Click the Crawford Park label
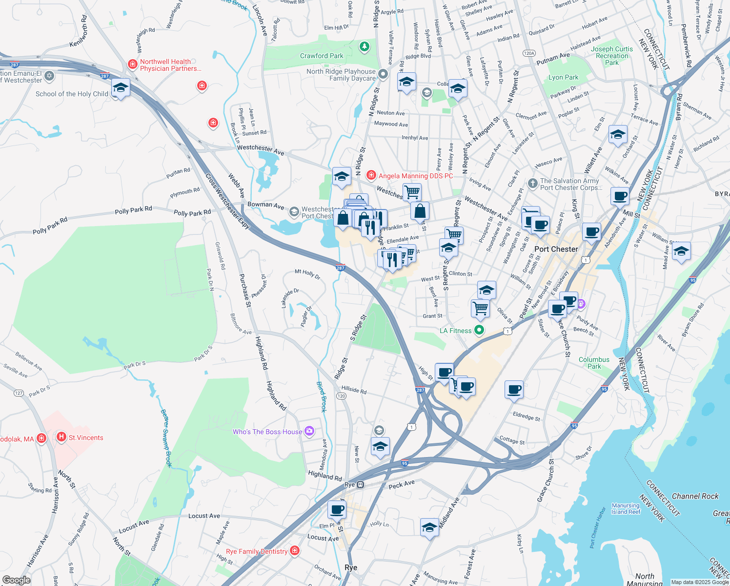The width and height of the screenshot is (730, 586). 322,56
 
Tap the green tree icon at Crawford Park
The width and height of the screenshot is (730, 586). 364,47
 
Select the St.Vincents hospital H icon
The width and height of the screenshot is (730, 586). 61,437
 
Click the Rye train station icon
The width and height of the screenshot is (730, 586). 360,485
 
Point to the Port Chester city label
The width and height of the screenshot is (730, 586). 556,249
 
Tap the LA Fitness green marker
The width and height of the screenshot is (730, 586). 479,331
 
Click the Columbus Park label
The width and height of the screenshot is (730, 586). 594,363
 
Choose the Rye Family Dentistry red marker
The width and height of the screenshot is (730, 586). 295,551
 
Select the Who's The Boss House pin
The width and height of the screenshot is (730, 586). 309,431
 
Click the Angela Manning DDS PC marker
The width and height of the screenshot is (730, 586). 371,175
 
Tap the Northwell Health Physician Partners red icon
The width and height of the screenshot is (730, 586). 132,64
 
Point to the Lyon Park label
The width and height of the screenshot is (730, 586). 563,77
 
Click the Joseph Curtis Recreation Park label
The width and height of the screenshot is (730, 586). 612,56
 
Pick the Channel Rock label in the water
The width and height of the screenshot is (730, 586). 695,496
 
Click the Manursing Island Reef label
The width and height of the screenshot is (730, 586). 626,509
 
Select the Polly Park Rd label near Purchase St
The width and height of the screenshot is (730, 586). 192,213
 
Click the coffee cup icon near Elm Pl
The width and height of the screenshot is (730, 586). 337,510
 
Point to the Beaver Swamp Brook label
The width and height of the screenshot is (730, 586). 166,438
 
